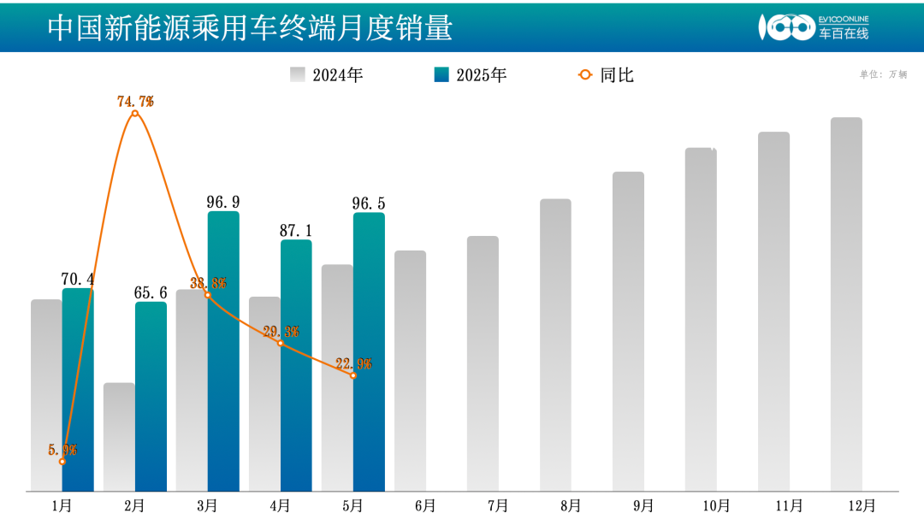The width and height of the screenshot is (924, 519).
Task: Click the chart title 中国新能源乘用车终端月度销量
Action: coord(250,27)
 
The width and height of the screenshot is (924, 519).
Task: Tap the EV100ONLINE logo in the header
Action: coord(813,27)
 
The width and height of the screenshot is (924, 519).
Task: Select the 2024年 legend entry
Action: coord(327,75)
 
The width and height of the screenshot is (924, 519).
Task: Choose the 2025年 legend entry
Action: coord(471,75)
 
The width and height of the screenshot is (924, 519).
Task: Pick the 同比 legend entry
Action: coord(607,75)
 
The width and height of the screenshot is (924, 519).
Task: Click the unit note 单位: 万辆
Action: coord(883,74)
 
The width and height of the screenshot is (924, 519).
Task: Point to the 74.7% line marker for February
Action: coord(134,113)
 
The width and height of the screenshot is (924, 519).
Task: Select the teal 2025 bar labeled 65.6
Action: coord(151,398)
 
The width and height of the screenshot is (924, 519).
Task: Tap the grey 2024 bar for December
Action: coord(846,304)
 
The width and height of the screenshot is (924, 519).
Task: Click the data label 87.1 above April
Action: coord(296,231)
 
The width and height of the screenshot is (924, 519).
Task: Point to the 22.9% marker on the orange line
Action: coord(353,375)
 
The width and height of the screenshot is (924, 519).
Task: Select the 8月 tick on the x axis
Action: coord(571,505)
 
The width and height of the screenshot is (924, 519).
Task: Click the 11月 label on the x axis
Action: coord(789,505)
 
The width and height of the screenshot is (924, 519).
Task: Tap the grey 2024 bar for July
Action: coord(483,363)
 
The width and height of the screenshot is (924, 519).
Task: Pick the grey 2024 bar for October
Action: coord(701,321)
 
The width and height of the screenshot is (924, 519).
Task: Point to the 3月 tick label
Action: coord(207,505)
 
